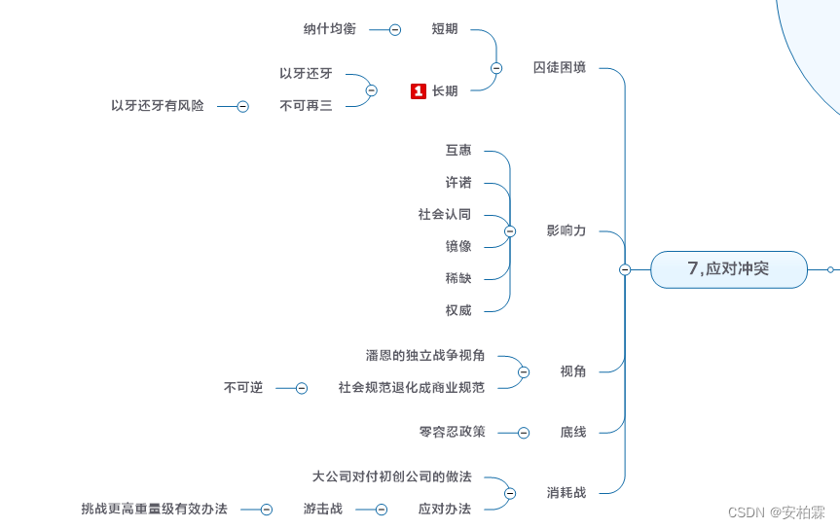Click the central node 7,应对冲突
[x=728, y=269]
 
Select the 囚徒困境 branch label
[x=560, y=68]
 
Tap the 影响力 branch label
[x=566, y=231]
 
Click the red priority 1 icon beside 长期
[x=419, y=91]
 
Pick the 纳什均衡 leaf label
[x=330, y=29]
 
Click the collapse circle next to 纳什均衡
[x=395, y=30]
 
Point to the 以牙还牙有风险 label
[x=158, y=106]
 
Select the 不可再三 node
[x=306, y=106]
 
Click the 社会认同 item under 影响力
[x=445, y=214]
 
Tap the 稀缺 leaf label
[x=458, y=278]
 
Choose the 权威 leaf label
[x=458, y=310]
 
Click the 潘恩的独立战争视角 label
[x=425, y=356]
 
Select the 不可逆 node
[x=243, y=388]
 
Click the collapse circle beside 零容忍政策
[x=524, y=433]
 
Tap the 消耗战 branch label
[x=566, y=493]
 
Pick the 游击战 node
[x=322, y=509]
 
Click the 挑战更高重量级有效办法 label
[x=155, y=509]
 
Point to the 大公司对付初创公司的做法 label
[x=392, y=477]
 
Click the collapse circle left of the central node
[x=625, y=269]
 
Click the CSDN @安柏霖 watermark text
[x=776, y=512]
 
